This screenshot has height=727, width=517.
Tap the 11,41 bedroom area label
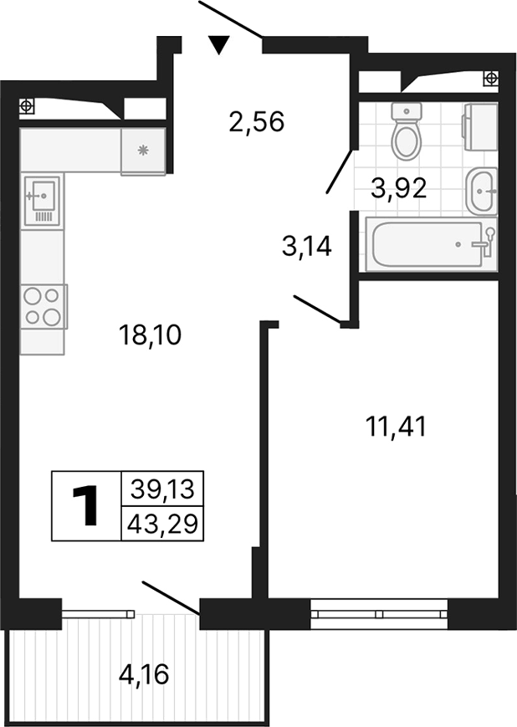(397, 427)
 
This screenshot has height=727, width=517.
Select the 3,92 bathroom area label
(399, 188)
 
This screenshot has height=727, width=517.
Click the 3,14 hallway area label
(307, 247)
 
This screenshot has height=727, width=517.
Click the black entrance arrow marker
(219, 44)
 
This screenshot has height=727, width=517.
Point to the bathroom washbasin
(483, 191)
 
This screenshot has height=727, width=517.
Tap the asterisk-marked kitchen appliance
(143, 151)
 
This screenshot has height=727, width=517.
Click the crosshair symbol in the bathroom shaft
(491, 78)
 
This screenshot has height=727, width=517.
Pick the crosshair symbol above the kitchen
(27, 105)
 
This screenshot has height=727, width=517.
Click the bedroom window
(380, 613)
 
